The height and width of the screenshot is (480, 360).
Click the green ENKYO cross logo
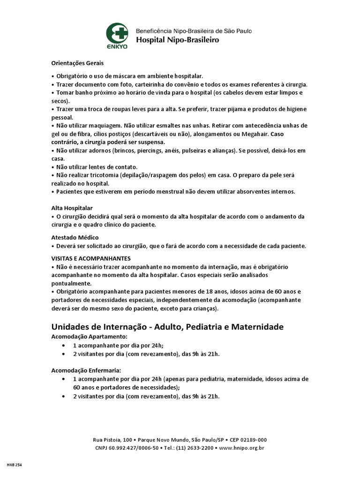pyautogui.click(x=117, y=33)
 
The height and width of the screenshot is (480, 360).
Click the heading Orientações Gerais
pyautogui.click(x=77, y=63)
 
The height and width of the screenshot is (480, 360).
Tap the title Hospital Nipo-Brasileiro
pyautogui.click(x=177, y=40)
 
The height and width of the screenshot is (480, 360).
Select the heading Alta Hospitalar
pyautogui.click(x=72, y=208)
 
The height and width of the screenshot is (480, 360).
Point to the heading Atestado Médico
pyautogui.click(x=75, y=238)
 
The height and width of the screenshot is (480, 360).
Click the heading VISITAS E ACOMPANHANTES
pyautogui.click(x=91, y=258)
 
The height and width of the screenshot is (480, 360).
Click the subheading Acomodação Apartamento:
pyautogui.click(x=89, y=337)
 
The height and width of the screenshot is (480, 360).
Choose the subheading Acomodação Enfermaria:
pyautogui.click(x=86, y=370)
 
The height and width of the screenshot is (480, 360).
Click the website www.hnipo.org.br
pyautogui.click(x=242, y=448)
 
